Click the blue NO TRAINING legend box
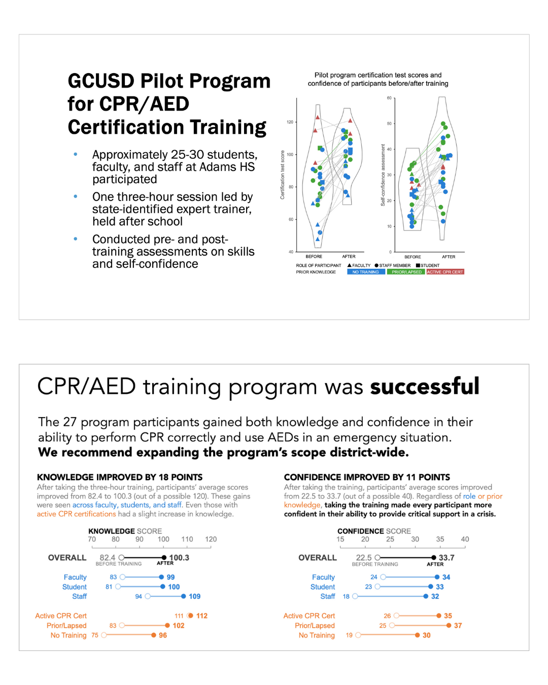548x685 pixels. point(365,272)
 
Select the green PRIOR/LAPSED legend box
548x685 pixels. point(406,272)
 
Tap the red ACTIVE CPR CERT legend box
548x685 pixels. point(445,272)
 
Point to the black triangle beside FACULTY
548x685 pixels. point(350,265)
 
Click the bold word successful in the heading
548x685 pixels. point(425,387)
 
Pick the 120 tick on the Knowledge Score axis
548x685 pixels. point(211,539)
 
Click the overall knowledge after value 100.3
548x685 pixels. point(179,558)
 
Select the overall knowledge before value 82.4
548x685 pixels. point(108,558)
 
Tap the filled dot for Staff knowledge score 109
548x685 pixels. point(184,596)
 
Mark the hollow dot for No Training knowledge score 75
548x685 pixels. point(104,635)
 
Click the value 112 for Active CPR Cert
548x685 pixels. point(202,615)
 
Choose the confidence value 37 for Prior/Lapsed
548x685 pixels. point(458,626)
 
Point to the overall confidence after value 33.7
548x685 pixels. point(447,558)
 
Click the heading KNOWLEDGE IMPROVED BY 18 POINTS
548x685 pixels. point(120,477)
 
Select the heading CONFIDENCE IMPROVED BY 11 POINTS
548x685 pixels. point(367,477)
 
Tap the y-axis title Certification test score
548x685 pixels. point(283,175)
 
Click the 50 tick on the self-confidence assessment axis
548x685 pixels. point(389,123)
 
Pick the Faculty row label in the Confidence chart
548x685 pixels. point(323,577)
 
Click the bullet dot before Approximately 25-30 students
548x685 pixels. point(76,154)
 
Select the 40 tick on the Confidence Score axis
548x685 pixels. point(465,539)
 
